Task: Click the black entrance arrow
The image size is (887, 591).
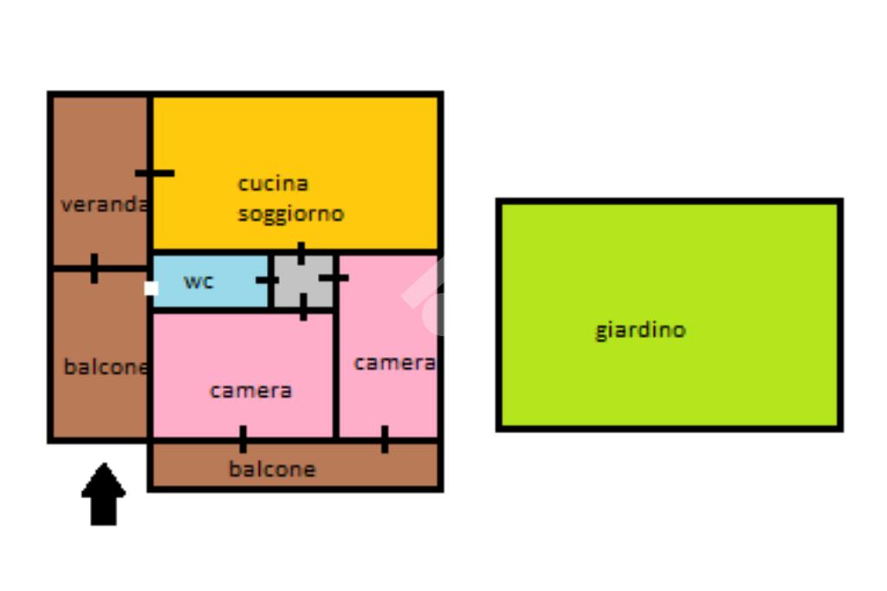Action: [x=104, y=494]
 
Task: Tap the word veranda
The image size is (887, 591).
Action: [x=105, y=204]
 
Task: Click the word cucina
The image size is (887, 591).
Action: [x=273, y=184]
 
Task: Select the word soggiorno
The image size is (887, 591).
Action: [x=291, y=215]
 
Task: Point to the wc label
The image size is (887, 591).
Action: [x=198, y=282]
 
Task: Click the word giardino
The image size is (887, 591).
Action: [x=640, y=330]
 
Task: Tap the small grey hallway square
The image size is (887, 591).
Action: [x=304, y=282]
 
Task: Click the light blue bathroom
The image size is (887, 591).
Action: [x=210, y=282]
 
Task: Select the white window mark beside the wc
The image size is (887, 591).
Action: [x=151, y=289]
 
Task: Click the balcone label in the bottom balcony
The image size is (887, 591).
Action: [x=272, y=469]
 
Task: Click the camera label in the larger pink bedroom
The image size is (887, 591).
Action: [x=250, y=391]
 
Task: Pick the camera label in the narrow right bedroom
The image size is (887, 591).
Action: [x=395, y=363]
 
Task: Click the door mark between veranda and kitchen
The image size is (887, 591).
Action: [x=154, y=173]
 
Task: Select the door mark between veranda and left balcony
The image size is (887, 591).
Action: [x=94, y=269]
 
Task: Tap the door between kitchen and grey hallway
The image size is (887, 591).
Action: [x=301, y=253]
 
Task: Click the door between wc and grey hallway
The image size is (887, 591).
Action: [x=268, y=280]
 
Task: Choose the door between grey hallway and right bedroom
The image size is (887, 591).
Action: [x=333, y=278]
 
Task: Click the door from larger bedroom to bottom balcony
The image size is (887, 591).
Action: [x=243, y=439]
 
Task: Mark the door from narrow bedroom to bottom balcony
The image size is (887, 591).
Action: [x=385, y=439]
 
